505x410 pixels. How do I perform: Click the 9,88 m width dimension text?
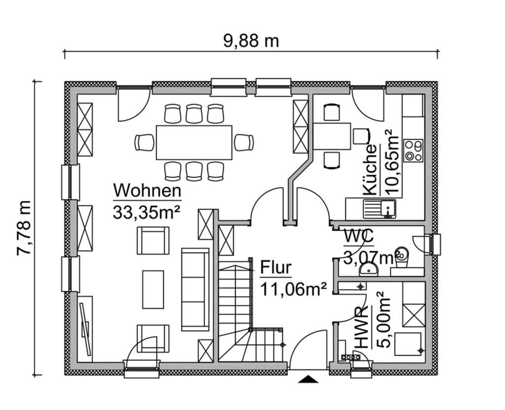[x=251, y=41]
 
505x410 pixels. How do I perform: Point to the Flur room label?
[x=276, y=268]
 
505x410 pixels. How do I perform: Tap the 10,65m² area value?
[x=391, y=163]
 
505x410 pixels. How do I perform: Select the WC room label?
[x=359, y=237]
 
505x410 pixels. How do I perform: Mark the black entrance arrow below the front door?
[x=308, y=379]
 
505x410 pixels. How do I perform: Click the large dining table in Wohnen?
[x=194, y=143]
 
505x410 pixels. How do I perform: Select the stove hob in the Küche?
[x=413, y=150]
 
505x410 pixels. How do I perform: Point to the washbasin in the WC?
[x=368, y=269]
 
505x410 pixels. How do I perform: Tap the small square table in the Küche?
[x=332, y=136]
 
